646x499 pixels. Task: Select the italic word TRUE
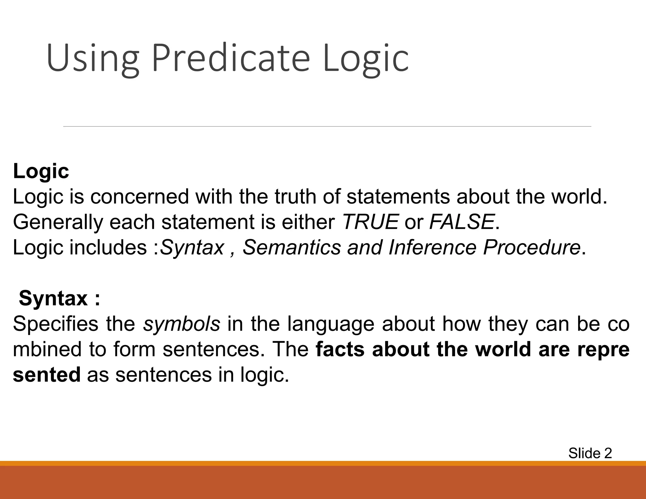pyautogui.click(x=370, y=222)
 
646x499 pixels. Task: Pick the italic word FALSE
pyautogui.click(x=462, y=222)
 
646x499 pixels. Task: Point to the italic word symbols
pyautogui.click(x=181, y=324)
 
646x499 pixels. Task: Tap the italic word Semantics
pyautogui.click(x=292, y=247)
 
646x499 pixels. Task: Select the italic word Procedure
pyautogui.click(x=531, y=247)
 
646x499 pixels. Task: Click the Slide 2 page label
pyautogui.click(x=590, y=453)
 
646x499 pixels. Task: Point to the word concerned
pyautogui.click(x=139, y=197)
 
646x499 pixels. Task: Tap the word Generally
pyautogui.click(x=58, y=222)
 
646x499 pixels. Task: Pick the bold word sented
pyautogui.click(x=47, y=375)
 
